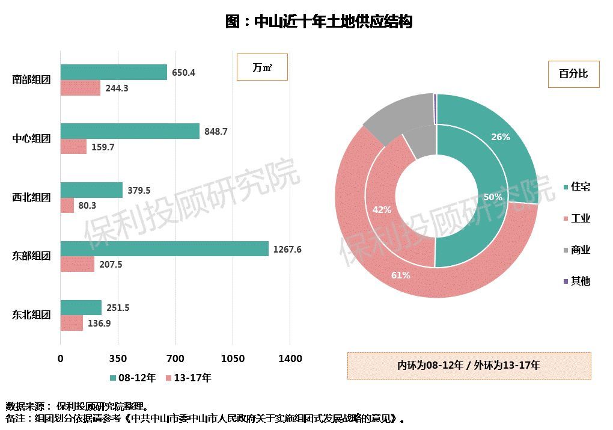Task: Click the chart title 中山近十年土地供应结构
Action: click(319, 22)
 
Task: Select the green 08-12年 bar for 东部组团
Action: click(164, 249)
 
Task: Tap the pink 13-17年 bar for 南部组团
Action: click(80, 88)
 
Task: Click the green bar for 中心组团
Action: click(130, 131)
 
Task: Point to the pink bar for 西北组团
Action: click(67, 205)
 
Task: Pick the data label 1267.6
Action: click(287, 250)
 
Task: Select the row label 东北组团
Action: click(31, 315)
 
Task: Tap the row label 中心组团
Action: click(31, 138)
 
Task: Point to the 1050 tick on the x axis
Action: click(233, 359)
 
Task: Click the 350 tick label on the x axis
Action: click(118, 359)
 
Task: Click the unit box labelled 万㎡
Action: click(262, 67)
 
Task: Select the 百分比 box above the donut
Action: click(573, 74)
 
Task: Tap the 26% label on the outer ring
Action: click(500, 137)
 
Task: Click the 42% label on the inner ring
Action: click(382, 210)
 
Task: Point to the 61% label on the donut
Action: click(400, 275)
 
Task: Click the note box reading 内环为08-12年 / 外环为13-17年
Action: click(469, 365)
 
